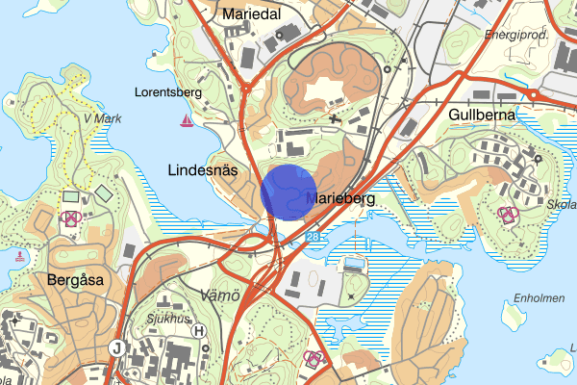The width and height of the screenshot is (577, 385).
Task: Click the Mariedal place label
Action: click(251, 15)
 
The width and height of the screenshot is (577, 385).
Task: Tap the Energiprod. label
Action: click(515, 36)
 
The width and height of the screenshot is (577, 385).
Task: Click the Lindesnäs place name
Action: click(202, 169)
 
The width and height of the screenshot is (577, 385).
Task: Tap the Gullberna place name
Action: click(482, 115)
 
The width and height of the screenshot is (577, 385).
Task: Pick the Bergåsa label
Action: click(74, 280)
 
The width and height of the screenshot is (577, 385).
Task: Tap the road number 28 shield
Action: click(314, 236)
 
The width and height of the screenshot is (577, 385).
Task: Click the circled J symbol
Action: click(117, 347)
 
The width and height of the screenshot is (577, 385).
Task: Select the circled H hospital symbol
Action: click(199, 331)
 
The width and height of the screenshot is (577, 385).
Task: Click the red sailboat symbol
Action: click(186, 120)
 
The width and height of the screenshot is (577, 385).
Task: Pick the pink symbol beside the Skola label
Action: click(507, 213)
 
